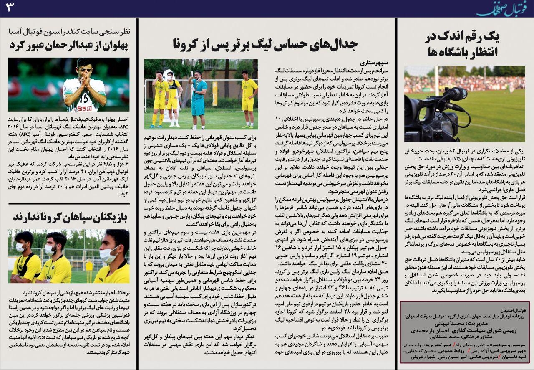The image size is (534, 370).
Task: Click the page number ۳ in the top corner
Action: [x=10, y=8]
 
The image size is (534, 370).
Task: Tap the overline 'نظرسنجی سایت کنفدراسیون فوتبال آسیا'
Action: [x=69, y=31]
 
